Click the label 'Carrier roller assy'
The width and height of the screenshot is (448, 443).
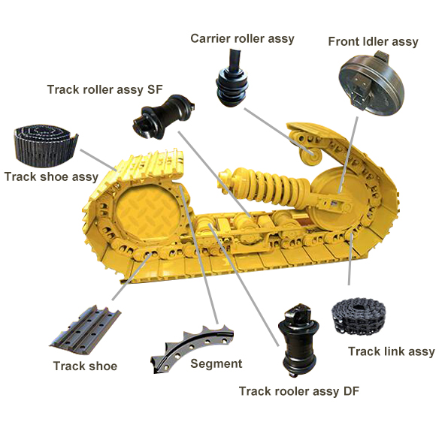pos(242,38)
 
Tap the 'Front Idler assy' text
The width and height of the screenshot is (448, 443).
pos(373,41)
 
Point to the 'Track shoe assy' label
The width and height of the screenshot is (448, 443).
pos(51,177)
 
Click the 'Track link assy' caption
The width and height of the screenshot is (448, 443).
pos(391,351)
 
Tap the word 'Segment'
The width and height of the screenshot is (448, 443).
pos(216,364)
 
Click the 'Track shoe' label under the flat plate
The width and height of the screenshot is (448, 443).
pos(85,366)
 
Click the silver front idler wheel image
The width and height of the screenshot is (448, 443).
pos(368,85)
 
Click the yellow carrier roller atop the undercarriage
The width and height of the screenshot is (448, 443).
pos(307,153)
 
